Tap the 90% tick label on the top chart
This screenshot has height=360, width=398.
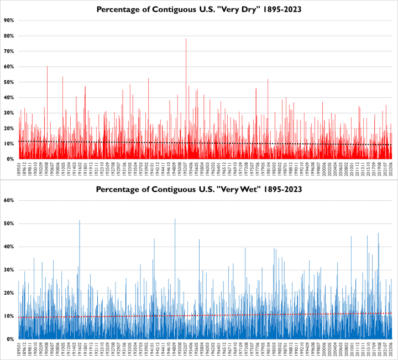point(9,20)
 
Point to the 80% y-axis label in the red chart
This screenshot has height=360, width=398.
point(9,36)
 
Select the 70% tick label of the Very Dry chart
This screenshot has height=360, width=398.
point(9,51)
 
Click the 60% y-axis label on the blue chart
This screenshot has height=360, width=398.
point(9,200)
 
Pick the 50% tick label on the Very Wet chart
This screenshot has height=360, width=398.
point(9,223)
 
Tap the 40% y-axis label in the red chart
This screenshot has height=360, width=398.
point(9,98)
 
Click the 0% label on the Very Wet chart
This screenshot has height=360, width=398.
point(11,339)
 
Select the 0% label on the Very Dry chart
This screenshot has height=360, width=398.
point(11,159)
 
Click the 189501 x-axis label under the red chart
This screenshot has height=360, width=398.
point(19,171)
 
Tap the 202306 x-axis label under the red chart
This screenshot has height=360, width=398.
point(391,171)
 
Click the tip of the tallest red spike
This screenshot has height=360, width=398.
point(186,39)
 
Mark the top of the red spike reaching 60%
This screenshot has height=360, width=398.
point(47,66)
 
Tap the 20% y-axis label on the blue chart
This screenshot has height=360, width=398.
point(9,293)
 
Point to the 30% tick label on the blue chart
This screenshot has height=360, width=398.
point(9,270)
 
